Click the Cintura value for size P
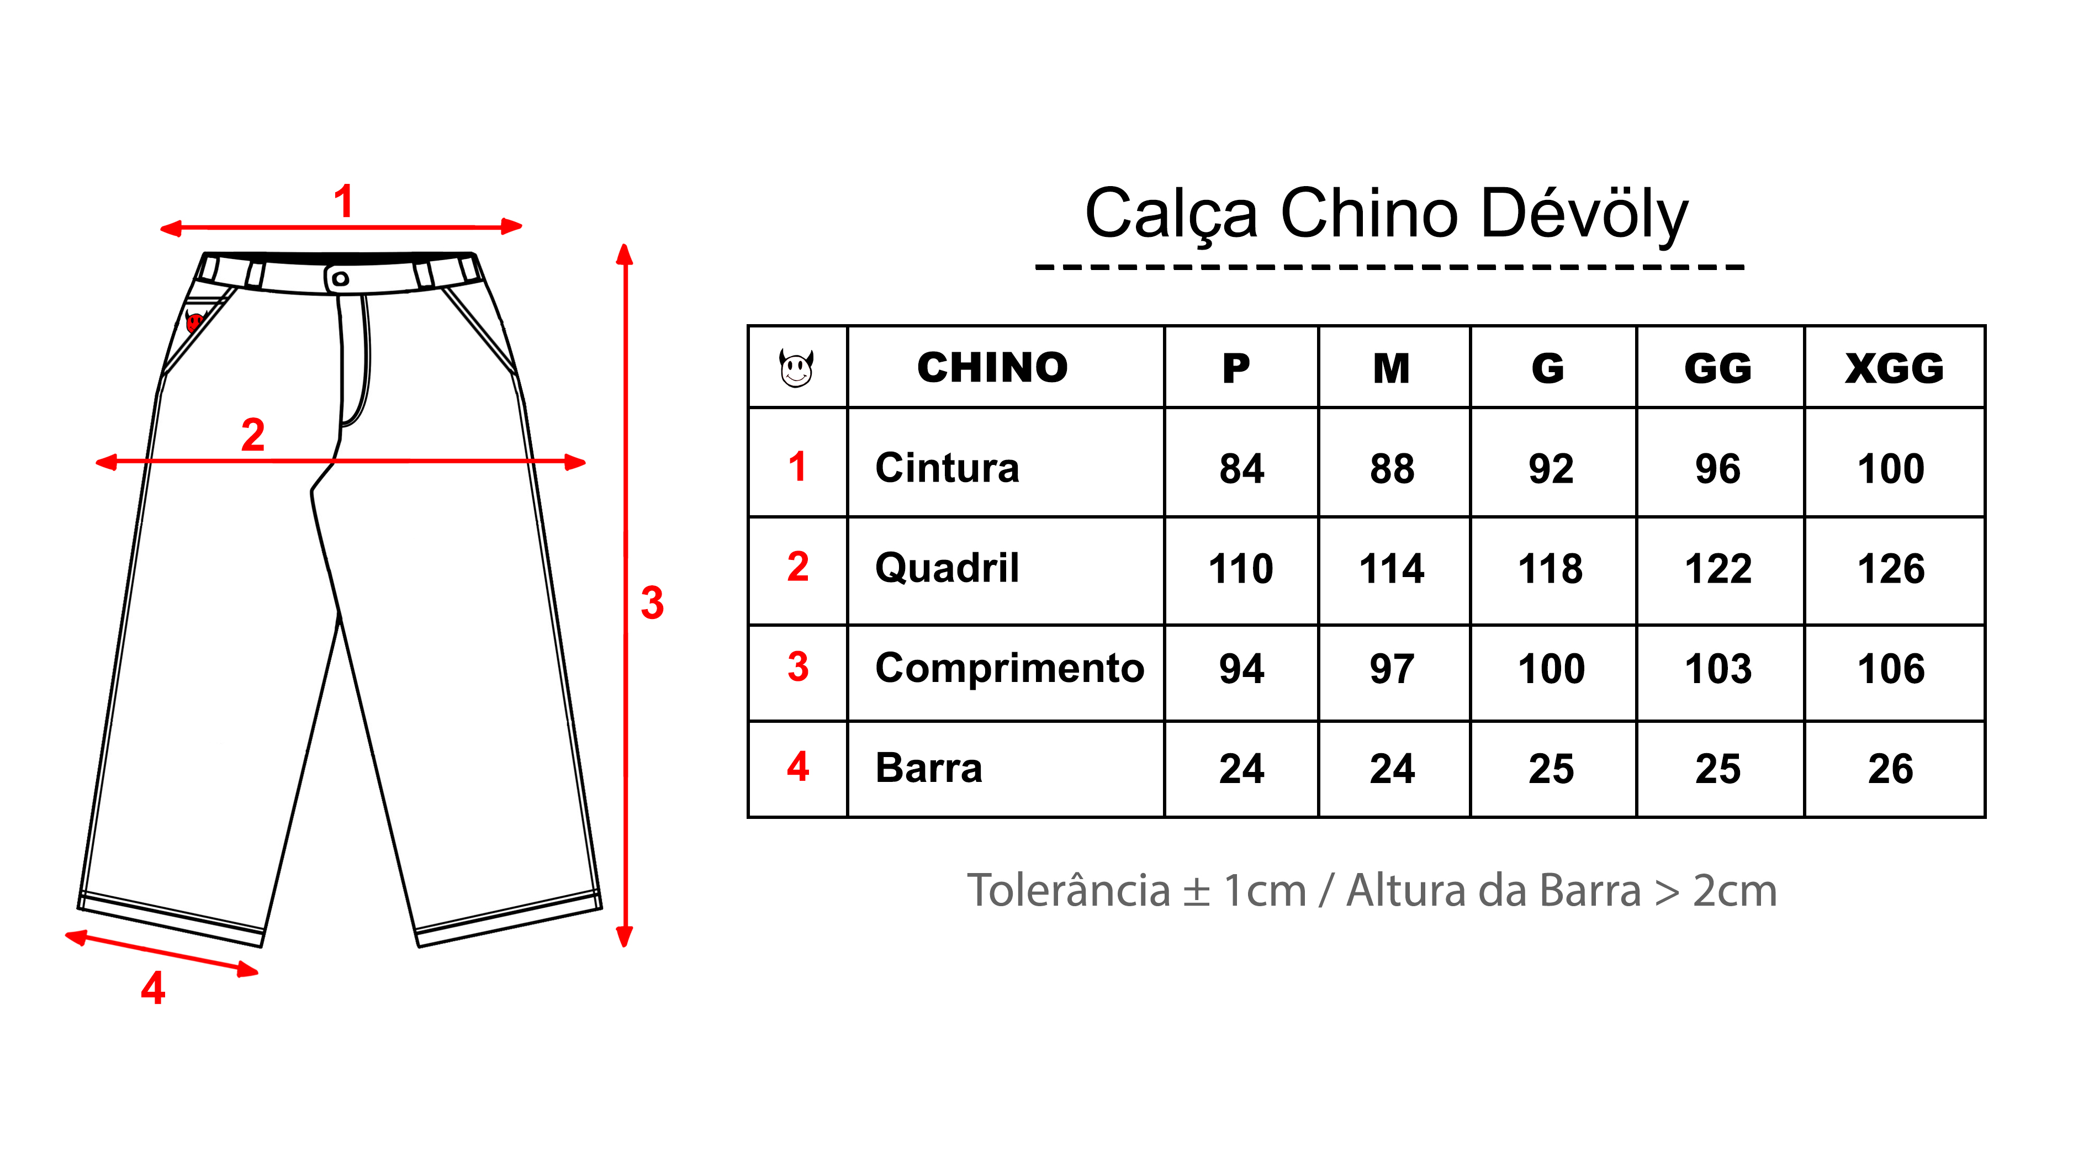1241,468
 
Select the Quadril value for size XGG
1891,568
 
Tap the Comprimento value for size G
1551,668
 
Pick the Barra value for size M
1392,769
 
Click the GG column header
1717,368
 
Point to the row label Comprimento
1009,668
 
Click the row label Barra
928,769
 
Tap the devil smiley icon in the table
797,368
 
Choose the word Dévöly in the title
1584,214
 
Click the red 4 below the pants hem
153,988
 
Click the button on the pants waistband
341,279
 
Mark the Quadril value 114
1392,568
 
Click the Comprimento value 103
1717,668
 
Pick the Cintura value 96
1717,468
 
